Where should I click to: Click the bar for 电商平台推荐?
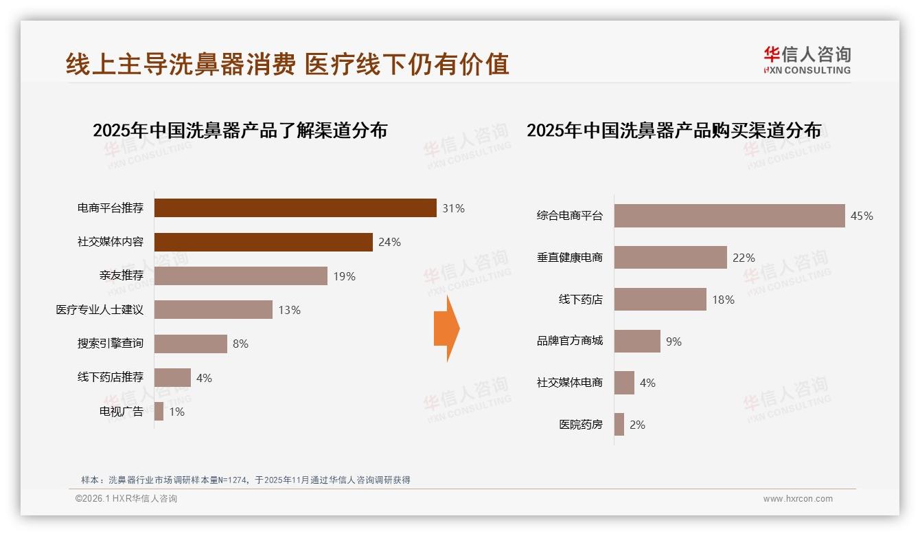(x=295, y=208)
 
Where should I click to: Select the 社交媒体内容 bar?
(x=263, y=242)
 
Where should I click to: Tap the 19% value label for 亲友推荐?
(x=345, y=276)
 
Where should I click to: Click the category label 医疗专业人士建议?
(x=100, y=310)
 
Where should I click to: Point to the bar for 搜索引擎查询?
(x=190, y=344)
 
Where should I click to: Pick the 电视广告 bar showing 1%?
(x=159, y=412)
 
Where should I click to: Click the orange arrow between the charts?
(x=446, y=328)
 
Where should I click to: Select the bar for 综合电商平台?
(x=729, y=216)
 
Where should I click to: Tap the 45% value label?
(x=862, y=216)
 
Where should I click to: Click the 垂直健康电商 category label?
(x=569, y=258)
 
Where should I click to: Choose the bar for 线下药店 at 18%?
(x=660, y=299)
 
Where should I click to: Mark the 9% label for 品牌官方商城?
(x=674, y=342)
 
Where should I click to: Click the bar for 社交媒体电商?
(x=624, y=383)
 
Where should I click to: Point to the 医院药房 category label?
(x=580, y=425)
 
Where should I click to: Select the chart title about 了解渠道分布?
(x=240, y=130)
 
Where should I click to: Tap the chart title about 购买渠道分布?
(x=674, y=130)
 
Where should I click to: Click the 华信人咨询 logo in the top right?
(x=807, y=60)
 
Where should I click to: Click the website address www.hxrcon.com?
(x=798, y=499)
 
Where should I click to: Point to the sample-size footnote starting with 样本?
(x=245, y=480)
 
